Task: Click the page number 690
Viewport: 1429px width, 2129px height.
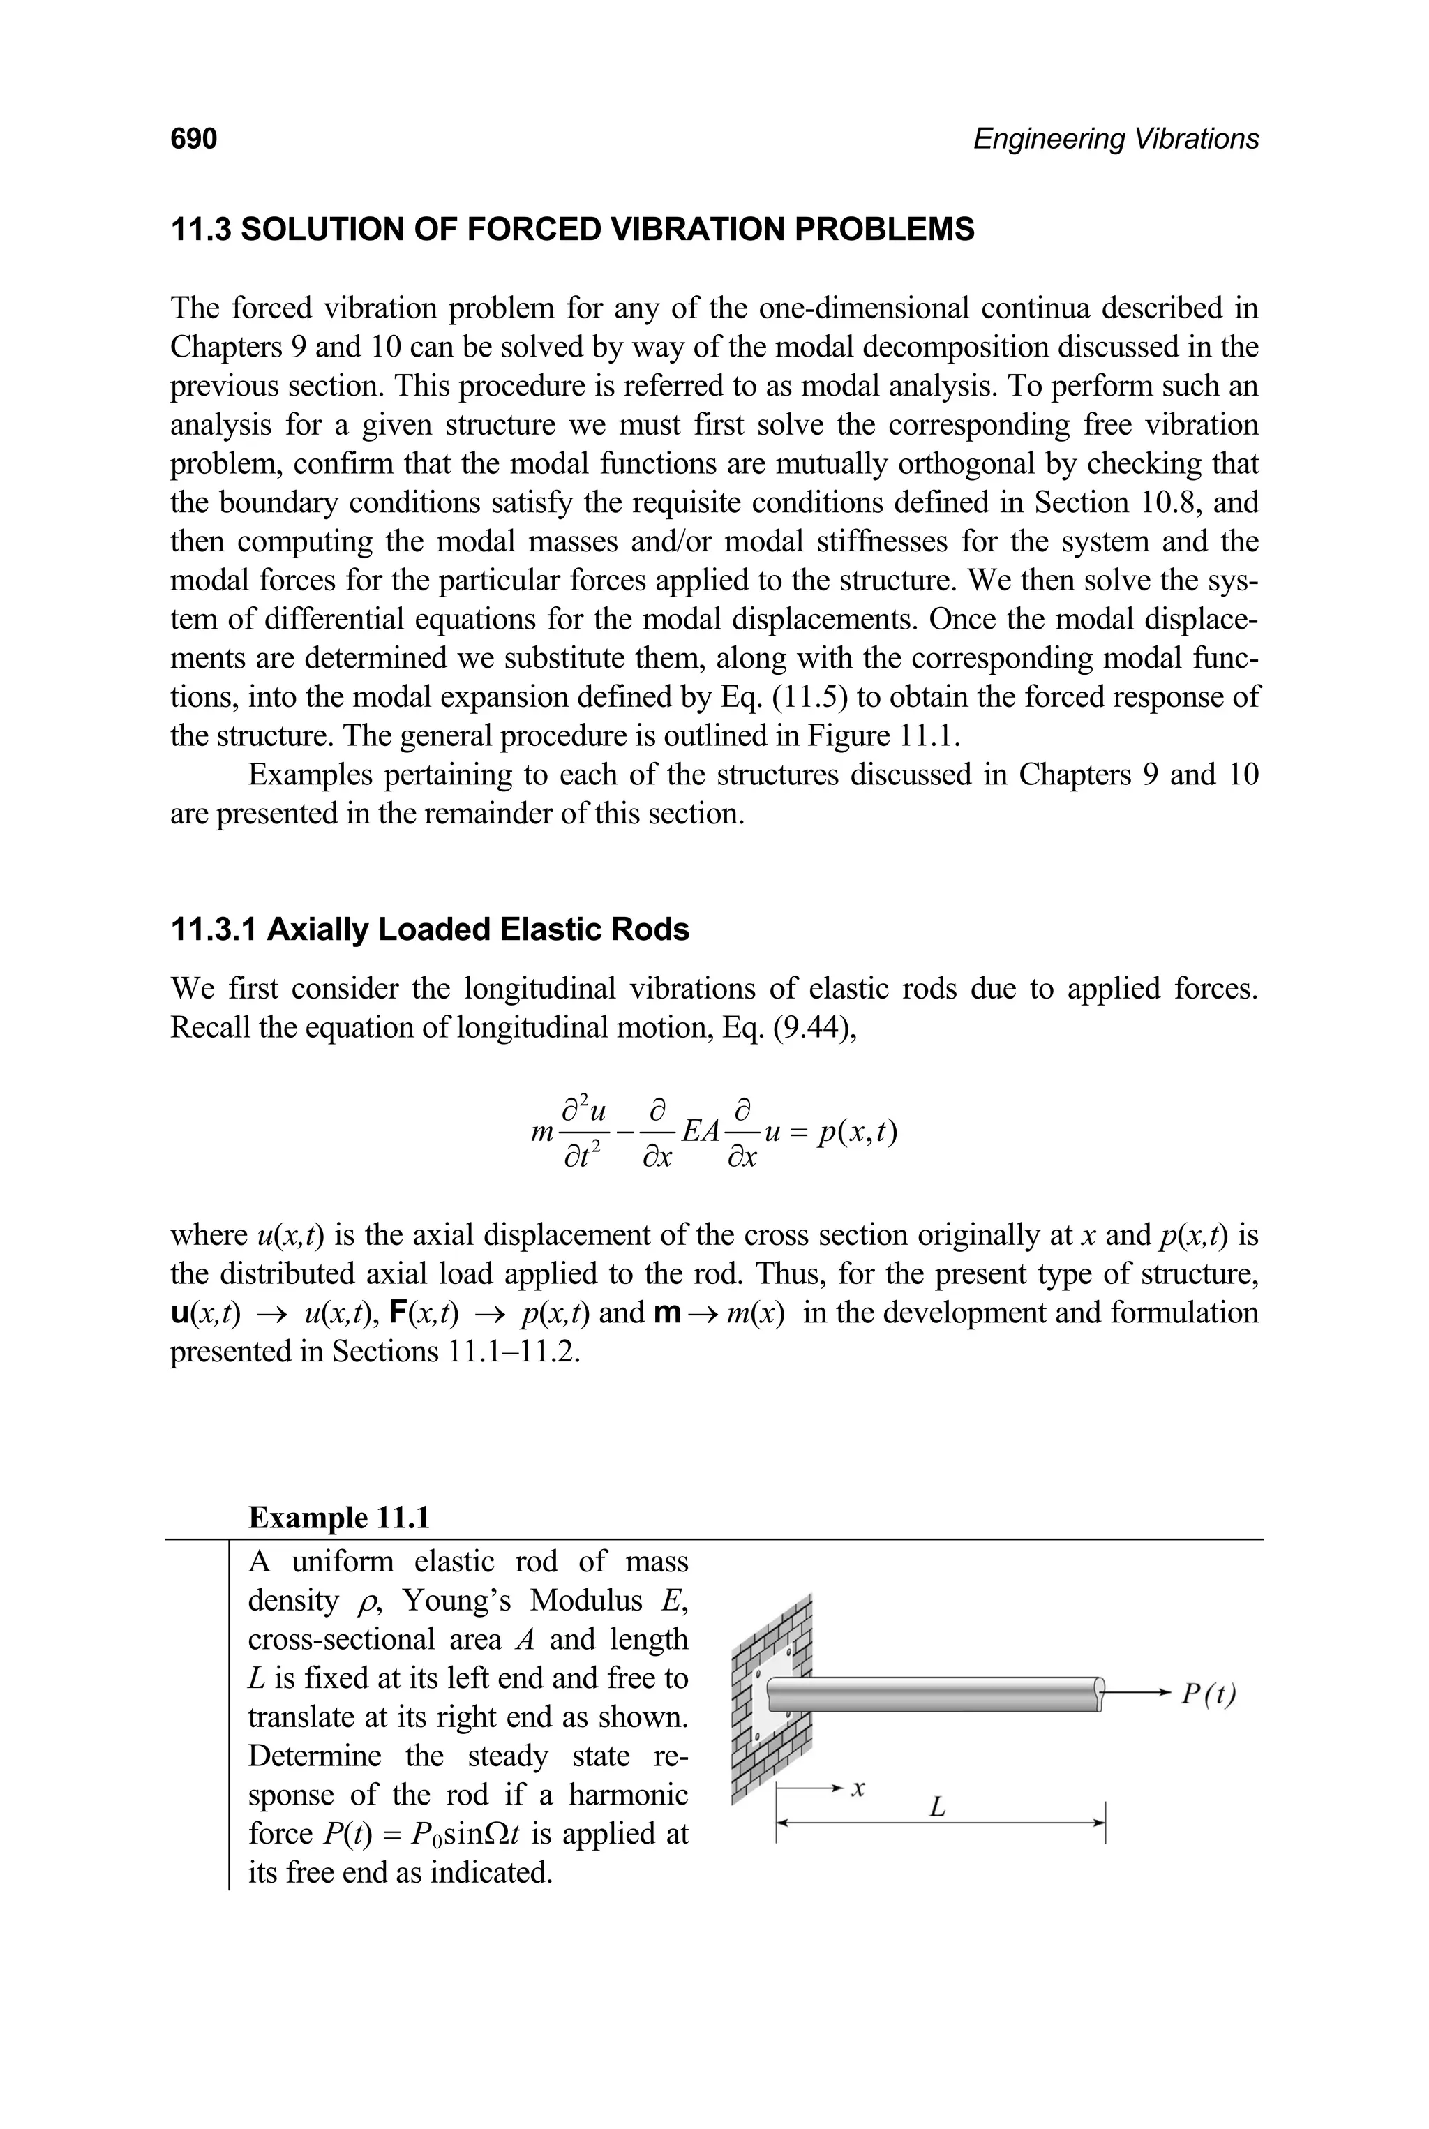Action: (x=193, y=139)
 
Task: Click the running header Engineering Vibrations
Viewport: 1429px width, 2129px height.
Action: (x=1116, y=139)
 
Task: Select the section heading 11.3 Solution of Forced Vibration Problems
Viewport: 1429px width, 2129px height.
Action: (x=572, y=229)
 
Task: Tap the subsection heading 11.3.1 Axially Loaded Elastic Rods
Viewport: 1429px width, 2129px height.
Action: (x=430, y=929)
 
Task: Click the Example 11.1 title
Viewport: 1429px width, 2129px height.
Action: (x=339, y=1518)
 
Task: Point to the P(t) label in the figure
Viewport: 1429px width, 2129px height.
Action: (x=1209, y=1694)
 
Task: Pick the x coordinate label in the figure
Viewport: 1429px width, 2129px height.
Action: (x=857, y=1788)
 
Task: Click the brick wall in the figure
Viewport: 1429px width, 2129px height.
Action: (x=771, y=1695)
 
